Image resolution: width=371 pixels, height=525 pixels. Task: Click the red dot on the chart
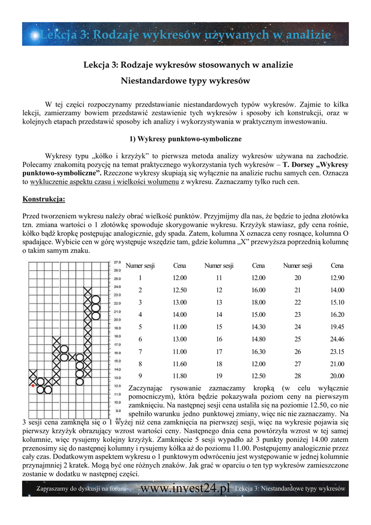click(x=33, y=385)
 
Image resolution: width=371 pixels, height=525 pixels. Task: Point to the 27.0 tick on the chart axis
click(x=117, y=261)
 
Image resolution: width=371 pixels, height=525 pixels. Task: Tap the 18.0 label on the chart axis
click(x=117, y=336)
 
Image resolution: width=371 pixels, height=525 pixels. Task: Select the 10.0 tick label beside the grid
click(x=117, y=402)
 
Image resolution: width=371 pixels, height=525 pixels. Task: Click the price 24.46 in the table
click(x=337, y=339)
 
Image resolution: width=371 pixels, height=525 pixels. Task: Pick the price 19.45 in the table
click(x=337, y=327)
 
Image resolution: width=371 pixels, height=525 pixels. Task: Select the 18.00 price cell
click(x=258, y=302)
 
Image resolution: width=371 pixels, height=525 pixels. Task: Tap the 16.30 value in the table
click(x=258, y=351)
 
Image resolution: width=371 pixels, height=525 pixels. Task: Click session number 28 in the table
click(x=298, y=375)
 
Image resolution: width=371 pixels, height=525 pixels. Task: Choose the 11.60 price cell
click(x=179, y=364)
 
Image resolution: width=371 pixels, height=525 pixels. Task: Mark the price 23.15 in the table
click(x=337, y=351)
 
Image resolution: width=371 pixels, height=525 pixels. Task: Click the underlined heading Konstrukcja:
click(x=44, y=199)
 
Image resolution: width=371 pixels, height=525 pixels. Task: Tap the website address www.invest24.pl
click(x=185, y=489)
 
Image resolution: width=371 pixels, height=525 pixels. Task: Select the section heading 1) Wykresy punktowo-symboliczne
click(x=185, y=139)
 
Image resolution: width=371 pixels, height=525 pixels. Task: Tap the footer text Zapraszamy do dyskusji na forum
click(x=81, y=489)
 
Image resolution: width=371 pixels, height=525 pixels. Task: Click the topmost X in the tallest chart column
click(x=88, y=291)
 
